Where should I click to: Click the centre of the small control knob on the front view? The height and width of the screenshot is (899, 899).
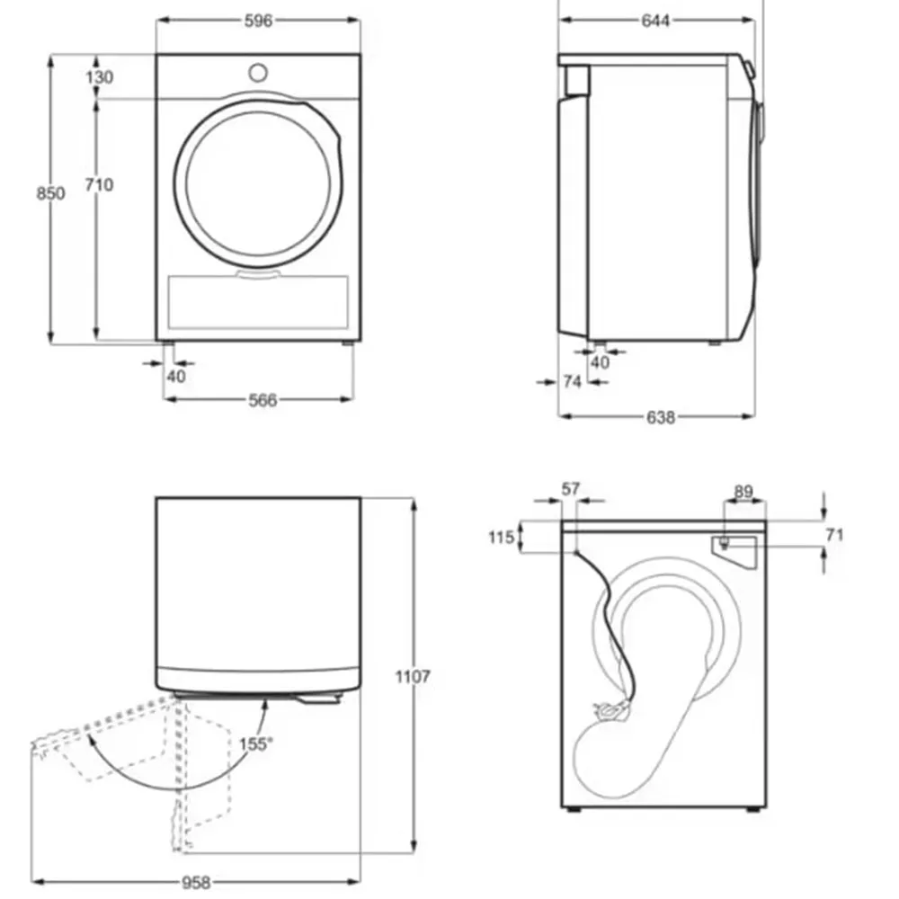tap(258, 73)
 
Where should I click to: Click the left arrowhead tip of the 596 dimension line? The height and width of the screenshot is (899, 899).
tap(157, 20)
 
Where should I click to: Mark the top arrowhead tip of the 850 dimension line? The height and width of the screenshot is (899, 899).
tap(50, 56)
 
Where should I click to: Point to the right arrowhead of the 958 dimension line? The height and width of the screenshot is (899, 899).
tap(360, 881)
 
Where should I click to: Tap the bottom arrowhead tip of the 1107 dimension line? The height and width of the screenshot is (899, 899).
tap(413, 852)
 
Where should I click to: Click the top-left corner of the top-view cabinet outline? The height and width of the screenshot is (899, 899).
tap(156, 497)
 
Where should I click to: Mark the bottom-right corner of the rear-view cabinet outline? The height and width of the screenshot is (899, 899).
tap(766, 807)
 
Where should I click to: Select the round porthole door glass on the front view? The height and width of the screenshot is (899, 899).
tap(258, 183)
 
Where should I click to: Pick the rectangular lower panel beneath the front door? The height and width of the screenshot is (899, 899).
tap(258, 302)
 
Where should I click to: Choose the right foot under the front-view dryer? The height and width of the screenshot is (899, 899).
tap(348, 343)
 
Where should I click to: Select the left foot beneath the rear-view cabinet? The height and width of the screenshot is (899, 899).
tap(572, 810)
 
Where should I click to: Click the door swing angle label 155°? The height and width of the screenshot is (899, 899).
tap(255, 744)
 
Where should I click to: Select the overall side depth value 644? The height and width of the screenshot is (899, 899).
tap(655, 21)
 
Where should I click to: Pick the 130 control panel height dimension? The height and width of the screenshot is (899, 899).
tap(99, 76)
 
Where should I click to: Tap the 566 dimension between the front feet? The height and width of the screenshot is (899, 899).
tap(263, 400)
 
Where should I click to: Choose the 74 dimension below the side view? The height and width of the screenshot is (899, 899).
tap(572, 381)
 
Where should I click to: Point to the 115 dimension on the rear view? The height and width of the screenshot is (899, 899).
tap(501, 538)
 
